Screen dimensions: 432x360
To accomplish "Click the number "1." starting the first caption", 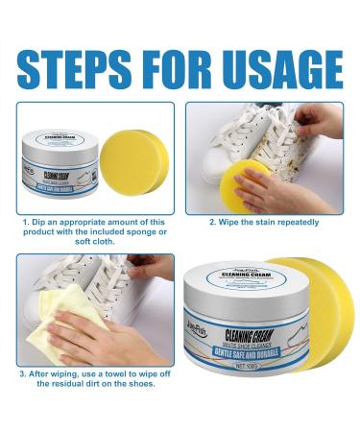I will click(26, 222).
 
